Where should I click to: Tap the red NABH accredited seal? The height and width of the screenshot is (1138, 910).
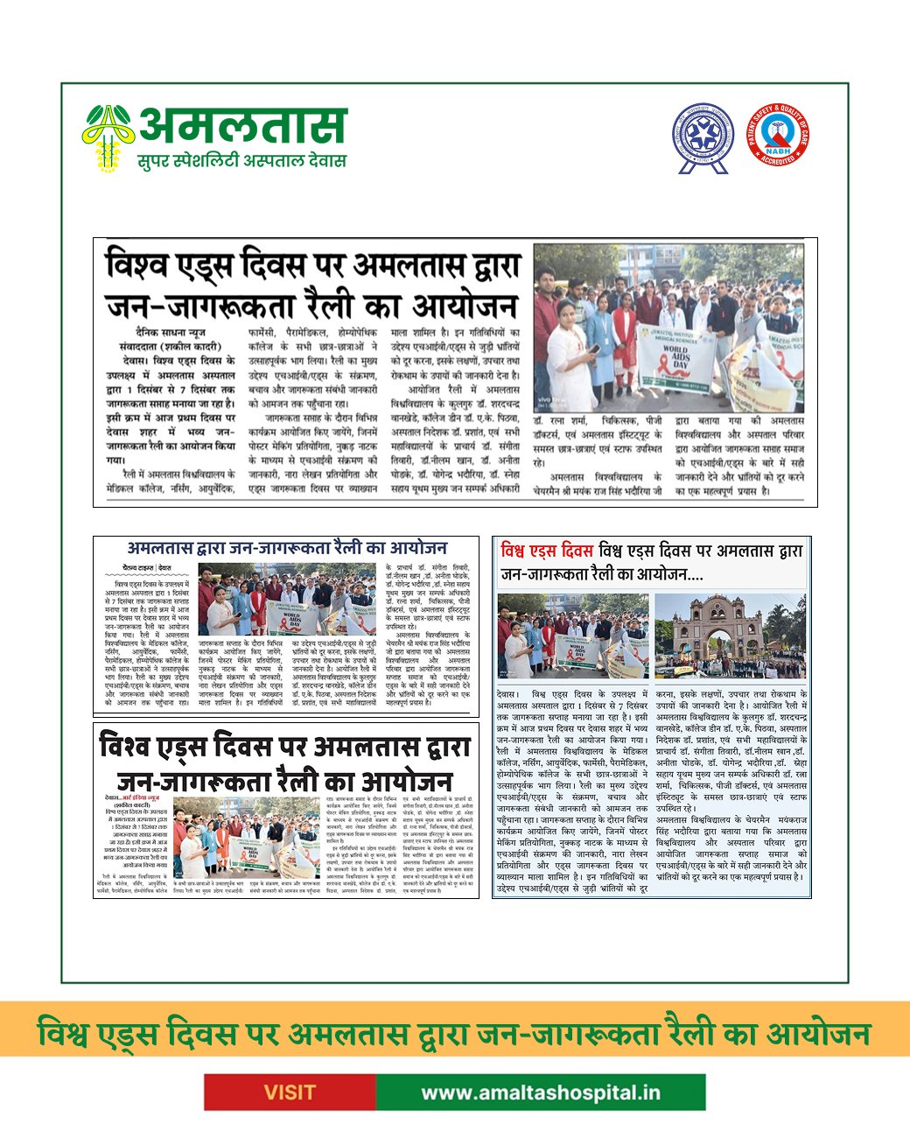click(777, 134)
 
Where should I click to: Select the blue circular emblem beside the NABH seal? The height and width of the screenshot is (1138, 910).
click(703, 136)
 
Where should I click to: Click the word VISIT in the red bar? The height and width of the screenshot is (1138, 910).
click(290, 1092)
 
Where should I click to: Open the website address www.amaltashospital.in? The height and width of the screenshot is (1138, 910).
click(541, 1092)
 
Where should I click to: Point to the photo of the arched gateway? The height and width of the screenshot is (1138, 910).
click(729, 636)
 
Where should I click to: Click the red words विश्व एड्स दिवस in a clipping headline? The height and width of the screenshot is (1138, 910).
click(547, 551)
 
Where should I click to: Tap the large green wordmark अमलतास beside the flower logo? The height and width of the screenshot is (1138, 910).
click(243, 125)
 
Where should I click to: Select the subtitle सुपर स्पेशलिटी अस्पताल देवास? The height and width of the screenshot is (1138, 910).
click(241, 161)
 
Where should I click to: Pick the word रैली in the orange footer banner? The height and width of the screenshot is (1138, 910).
click(691, 1034)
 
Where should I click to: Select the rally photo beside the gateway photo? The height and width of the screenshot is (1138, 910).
click(573, 636)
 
